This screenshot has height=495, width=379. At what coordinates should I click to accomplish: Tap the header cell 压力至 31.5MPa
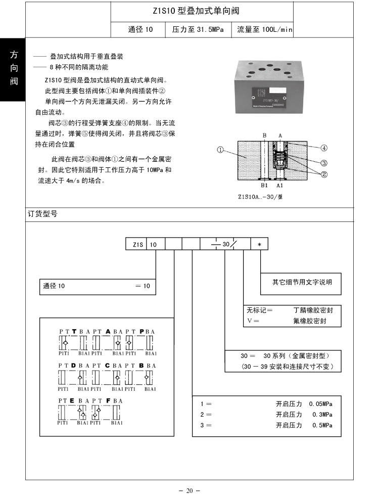tap(199, 30)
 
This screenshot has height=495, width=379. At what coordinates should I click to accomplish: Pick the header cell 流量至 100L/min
tap(264, 30)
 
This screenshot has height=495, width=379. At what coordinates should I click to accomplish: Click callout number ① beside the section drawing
tap(220, 150)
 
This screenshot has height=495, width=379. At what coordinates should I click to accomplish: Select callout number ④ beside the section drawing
tap(324, 148)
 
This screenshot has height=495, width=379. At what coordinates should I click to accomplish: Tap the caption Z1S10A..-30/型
tap(260, 197)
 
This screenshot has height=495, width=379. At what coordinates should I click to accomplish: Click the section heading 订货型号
tap(42, 214)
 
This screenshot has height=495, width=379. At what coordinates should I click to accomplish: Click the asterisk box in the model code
tap(260, 244)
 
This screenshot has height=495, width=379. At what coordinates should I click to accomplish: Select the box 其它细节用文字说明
tap(303, 282)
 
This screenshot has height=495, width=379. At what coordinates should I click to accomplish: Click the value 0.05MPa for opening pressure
tap(320, 403)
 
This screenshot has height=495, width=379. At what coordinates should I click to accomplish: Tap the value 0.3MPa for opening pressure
tap(322, 414)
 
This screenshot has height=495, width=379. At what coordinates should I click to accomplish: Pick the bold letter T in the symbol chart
tap(74, 331)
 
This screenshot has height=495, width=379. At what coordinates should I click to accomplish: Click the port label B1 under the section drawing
tap(264, 186)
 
